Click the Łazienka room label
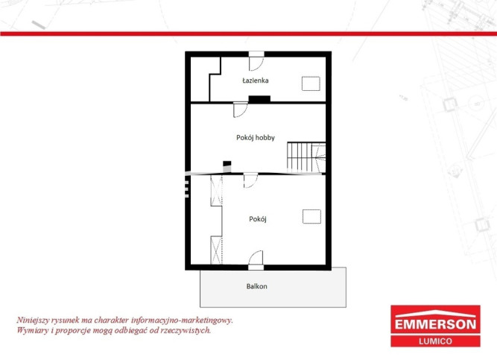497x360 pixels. (256, 80)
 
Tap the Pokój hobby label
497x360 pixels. (256, 138)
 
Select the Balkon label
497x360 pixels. (257, 286)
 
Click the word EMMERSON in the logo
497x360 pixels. (435, 324)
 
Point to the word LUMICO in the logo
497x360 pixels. (435, 341)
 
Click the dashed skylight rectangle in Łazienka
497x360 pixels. (311, 83)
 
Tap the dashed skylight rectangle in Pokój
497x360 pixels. (311, 217)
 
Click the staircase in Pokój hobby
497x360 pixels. (306, 157)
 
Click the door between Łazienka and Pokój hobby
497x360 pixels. (241, 110)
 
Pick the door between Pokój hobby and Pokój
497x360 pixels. (250, 181)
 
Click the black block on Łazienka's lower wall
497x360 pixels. (259, 99)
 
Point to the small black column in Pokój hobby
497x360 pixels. (227, 164)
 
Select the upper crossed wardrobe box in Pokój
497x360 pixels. (217, 190)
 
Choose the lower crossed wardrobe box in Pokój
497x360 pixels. (217, 250)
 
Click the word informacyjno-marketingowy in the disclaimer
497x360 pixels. (182, 320)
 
